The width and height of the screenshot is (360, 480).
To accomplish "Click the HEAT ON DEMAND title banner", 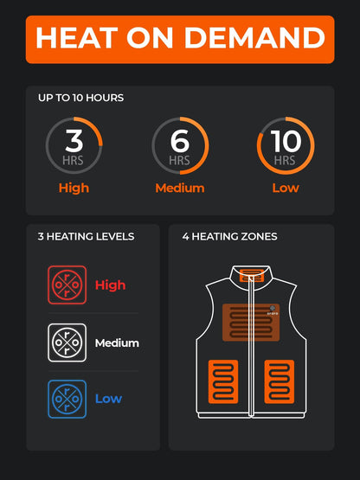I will tap(179, 39).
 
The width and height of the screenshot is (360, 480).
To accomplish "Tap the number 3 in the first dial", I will tap(74, 140).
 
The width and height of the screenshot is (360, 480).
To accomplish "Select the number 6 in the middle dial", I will tap(179, 140).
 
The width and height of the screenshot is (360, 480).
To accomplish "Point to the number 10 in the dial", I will tap(286, 140).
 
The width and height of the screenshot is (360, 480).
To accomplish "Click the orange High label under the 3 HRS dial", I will tap(74, 188).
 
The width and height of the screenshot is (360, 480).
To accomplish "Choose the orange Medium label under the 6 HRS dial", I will tap(179, 188).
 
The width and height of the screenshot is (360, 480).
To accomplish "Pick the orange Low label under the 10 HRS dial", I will tap(286, 188).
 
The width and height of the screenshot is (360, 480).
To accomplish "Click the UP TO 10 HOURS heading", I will tap(80, 98).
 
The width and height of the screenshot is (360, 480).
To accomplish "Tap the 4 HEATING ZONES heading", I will tap(229, 236).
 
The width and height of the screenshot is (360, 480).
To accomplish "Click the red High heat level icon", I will tap(67, 285).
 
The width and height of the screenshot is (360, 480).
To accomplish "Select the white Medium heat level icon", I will tap(67, 342).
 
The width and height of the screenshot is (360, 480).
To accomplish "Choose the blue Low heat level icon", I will tap(67, 399).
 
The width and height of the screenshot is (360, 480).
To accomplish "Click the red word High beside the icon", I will tap(110, 285).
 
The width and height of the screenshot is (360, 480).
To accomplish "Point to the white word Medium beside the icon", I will tap(117, 342).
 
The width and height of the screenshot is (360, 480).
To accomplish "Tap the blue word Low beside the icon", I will tap(108, 399).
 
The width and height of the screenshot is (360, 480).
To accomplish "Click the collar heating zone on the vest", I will tap(252, 275).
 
